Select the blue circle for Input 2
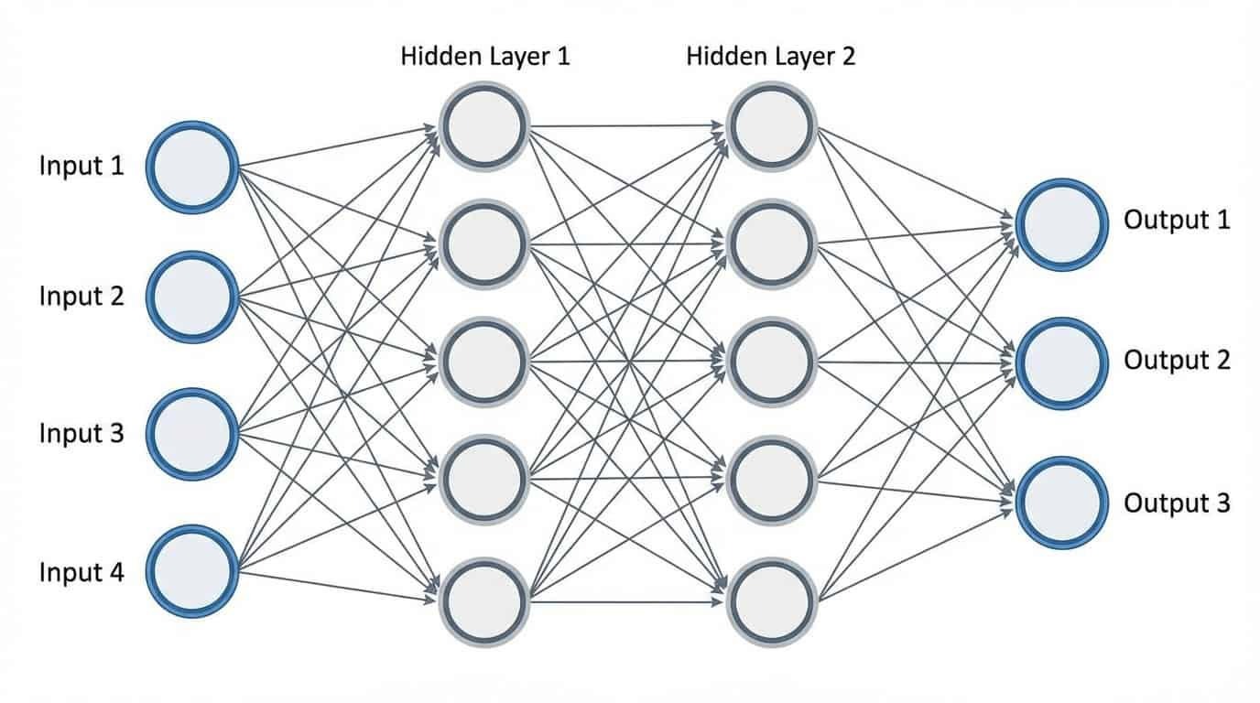click(x=192, y=297)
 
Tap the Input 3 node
click(x=192, y=434)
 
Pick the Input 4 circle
click(x=192, y=571)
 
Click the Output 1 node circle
click(x=1061, y=223)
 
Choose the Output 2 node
click(x=1061, y=362)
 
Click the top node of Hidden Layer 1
click(x=484, y=127)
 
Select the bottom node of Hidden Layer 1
click(x=484, y=601)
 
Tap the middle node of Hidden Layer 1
click(x=484, y=362)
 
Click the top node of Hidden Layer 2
click(x=772, y=127)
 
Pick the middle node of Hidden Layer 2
click(x=772, y=362)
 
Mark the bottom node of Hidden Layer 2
click(x=772, y=601)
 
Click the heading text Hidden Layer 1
click(x=485, y=57)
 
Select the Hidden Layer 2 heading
click(x=770, y=57)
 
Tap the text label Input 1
click(x=81, y=167)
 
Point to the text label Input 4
click(x=81, y=573)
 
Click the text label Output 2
click(x=1177, y=361)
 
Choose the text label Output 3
click(x=1177, y=503)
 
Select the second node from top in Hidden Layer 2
click(x=772, y=244)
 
